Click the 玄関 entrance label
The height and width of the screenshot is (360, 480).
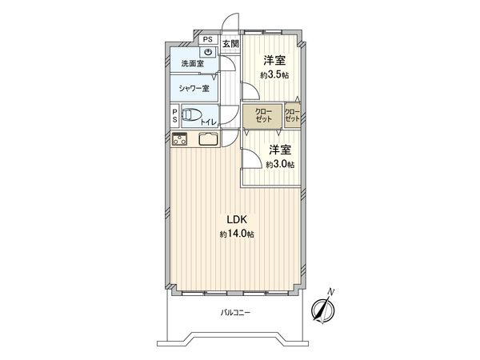pyautogui.click(x=230, y=42)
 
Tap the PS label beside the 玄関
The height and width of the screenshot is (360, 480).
pyautogui.click(x=206, y=39)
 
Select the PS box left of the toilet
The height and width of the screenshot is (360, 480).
pyautogui.click(x=174, y=116)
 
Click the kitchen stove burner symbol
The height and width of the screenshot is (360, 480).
pyautogui.click(x=179, y=140)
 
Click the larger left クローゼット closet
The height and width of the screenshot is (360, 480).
pyautogui.click(x=262, y=115)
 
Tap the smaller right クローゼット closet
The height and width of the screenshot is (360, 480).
pyautogui.click(x=292, y=114)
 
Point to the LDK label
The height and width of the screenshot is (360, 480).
pyautogui.click(x=236, y=220)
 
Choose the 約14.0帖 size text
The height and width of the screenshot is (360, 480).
pyautogui.click(x=237, y=234)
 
